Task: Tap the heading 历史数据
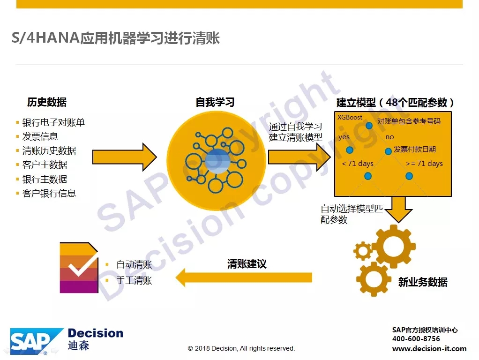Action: tap(47, 102)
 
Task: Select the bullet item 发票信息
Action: tap(40, 136)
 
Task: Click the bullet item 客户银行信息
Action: tap(49, 193)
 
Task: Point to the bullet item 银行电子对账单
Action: tap(53, 122)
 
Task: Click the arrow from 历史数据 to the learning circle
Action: tap(125, 157)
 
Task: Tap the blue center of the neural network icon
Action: tap(217, 161)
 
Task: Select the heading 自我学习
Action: tap(215, 102)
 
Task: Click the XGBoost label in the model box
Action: tap(350, 117)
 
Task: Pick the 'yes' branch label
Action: tap(344, 137)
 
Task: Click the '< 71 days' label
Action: tap(358, 164)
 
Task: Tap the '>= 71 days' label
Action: tap(424, 164)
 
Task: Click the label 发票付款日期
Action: tap(414, 149)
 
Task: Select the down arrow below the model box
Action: tap(398, 210)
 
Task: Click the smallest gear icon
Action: tap(363, 251)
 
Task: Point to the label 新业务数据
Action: tap(423, 282)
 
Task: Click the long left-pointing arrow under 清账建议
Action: tap(244, 277)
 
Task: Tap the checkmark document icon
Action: tap(79, 268)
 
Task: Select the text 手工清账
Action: tap(134, 280)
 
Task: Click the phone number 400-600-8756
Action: tap(416, 338)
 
